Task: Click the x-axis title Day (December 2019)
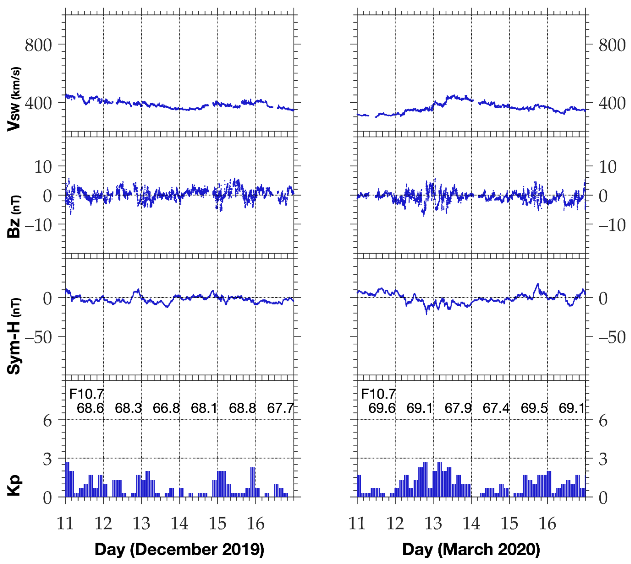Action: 179,549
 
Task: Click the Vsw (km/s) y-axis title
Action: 14,99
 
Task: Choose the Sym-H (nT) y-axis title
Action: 14,336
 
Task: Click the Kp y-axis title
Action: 14,485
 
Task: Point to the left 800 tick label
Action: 38,45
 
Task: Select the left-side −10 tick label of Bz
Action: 38,225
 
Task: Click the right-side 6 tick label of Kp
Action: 603,421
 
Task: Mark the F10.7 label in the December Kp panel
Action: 86,394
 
